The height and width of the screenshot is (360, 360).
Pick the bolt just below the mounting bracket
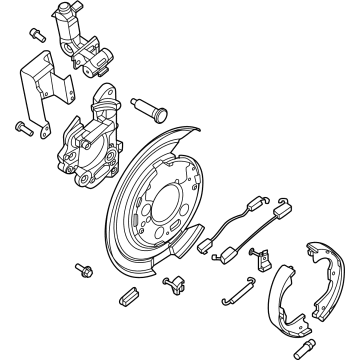(x=23, y=127)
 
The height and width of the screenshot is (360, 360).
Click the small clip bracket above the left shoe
(x=258, y=262)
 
